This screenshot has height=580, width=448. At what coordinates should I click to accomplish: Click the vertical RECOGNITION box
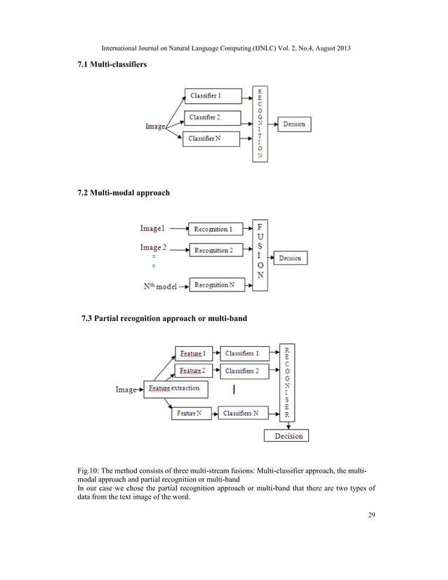[x=260, y=124]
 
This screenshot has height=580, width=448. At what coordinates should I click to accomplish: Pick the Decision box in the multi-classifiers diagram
[x=294, y=124]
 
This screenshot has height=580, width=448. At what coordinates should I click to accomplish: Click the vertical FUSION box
[x=260, y=251]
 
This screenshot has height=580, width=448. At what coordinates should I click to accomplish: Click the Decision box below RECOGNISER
[x=289, y=436]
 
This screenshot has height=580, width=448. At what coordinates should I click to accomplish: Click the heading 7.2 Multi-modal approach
[x=123, y=192]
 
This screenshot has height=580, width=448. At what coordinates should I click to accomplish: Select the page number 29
[x=372, y=517]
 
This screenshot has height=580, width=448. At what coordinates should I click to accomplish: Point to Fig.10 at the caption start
[x=86, y=468]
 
